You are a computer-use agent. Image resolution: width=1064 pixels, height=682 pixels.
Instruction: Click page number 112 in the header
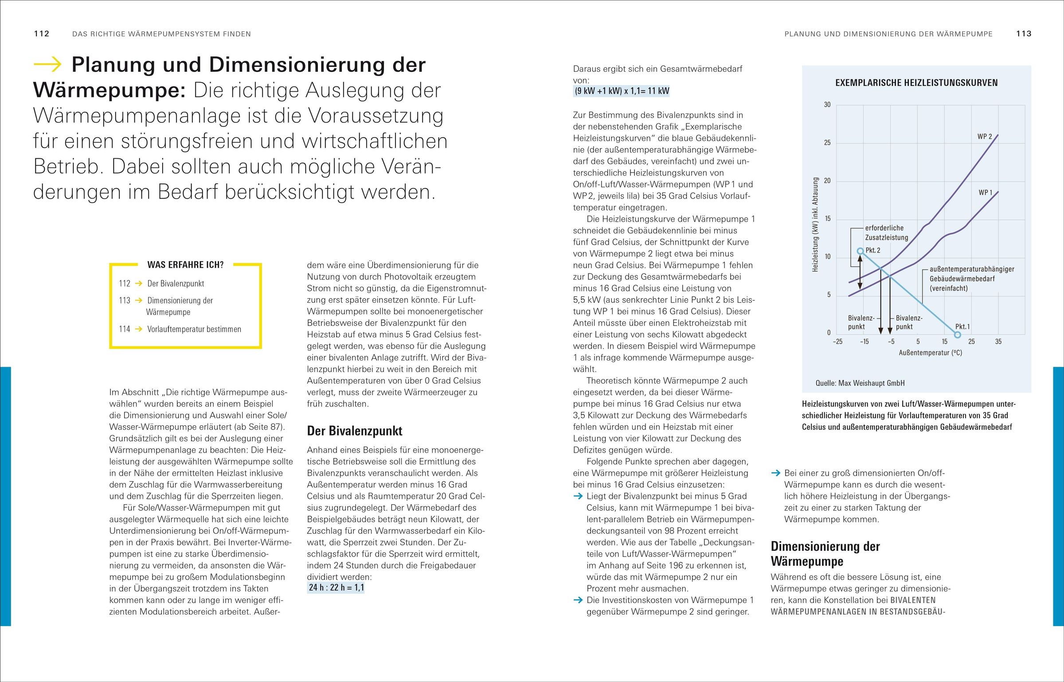(42, 34)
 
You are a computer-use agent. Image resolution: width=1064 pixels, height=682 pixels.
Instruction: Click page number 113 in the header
(1024, 34)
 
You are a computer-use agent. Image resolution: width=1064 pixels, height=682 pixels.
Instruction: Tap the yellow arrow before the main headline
(48, 65)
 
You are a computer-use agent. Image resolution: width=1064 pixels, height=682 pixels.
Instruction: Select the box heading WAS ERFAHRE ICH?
(185, 265)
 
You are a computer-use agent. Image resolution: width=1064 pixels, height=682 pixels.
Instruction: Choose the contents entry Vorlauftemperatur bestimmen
(194, 329)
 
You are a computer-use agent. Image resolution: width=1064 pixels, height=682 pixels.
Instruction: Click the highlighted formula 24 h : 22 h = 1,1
(336, 588)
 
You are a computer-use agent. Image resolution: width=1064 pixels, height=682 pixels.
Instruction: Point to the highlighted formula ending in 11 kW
(622, 91)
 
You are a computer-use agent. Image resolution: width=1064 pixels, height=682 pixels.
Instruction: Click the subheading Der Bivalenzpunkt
(355, 431)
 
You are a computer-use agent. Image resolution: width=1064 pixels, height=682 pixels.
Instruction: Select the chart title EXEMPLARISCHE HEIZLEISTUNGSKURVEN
(916, 83)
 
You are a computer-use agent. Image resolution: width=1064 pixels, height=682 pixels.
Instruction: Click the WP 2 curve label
(985, 137)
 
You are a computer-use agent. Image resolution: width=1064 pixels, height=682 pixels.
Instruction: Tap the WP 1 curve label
(986, 192)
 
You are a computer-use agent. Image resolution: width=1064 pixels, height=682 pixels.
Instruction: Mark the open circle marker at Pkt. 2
(860, 251)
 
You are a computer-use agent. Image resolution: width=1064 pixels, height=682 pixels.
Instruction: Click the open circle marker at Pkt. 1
(957, 335)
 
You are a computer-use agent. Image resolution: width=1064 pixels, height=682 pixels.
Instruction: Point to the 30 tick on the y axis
(827, 105)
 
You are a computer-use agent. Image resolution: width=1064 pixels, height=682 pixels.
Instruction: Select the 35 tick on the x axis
(998, 341)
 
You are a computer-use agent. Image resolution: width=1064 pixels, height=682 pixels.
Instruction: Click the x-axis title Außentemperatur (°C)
(930, 353)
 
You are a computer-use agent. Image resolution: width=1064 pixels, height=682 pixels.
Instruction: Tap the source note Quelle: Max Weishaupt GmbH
(860, 383)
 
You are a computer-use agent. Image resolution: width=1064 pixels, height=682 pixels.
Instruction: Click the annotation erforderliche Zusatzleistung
(886, 233)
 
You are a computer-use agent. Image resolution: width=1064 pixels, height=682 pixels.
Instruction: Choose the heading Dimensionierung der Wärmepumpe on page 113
(825, 553)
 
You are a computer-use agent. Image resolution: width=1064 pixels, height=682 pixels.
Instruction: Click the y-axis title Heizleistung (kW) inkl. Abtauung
(815, 224)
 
